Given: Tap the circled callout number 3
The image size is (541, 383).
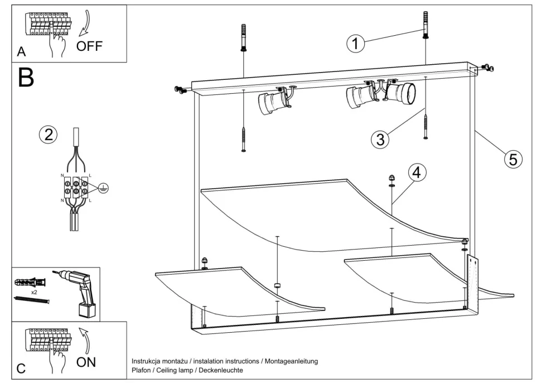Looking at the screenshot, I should [x=380, y=140].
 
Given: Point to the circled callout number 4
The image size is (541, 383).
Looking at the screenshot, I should [x=416, y=173].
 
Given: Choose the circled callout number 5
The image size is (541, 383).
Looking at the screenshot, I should [x=513, y=159].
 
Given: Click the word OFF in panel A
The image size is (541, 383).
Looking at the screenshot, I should [x=89, y=46].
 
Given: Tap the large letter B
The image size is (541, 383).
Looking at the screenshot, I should [x=26, y=79].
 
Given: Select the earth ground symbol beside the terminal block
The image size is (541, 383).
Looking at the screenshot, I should [x=102, y=189].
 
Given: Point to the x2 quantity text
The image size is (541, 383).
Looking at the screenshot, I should [x=35, y=292].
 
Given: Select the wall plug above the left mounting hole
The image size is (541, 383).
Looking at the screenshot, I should [x=244, y=37].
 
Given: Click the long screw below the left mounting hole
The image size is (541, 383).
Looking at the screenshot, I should [x=244, y=139].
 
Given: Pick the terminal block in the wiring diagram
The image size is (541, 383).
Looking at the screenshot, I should [x=76, y=188].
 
